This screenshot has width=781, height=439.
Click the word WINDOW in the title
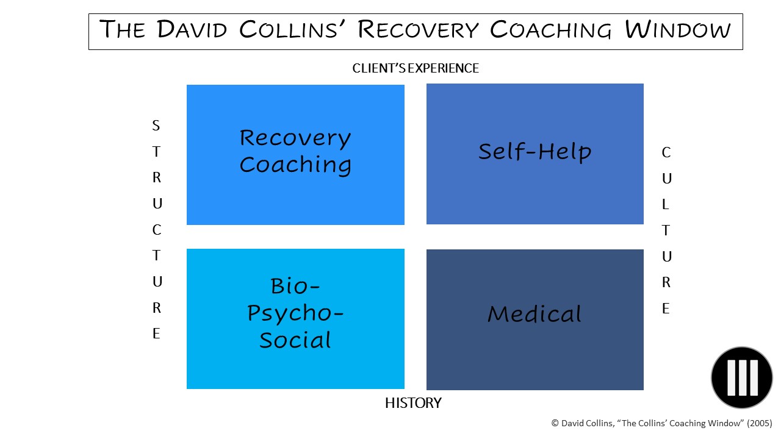(x=677, y=30)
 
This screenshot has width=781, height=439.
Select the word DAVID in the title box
(x=192, y=29)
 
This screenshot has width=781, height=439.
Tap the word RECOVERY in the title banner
(x=418, y=30)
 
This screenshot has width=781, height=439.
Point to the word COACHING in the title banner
(x=550, y=30)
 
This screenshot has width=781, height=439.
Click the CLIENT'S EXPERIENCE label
(x=416, y=68)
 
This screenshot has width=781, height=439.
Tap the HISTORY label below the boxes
(x=413, y=403)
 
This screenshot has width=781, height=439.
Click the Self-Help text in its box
(x=535, y=152)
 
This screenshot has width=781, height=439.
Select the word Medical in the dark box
(x=534, y=314)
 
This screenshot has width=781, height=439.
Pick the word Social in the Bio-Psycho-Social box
(x=295, y=340)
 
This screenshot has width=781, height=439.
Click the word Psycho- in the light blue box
(x=295, y=313)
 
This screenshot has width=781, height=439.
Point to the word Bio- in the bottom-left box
(x=295, y=286)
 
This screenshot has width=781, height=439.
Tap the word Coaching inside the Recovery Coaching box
(x=295, y=165)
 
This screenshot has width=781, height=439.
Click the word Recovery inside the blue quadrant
(x=295, y=138)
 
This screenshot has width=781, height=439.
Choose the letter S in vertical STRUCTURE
(x=156, y=126)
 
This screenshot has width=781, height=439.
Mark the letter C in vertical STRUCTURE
(x=157, y=230)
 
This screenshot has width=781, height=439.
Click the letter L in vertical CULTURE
(x=665, y=204)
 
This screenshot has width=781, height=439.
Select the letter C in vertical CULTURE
(x=666, y=152)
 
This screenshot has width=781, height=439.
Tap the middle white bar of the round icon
(x=743, y=377)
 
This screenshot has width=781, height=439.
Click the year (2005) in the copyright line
(x=760, y=423)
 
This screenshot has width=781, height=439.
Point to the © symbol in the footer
(x=555, y=423)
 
